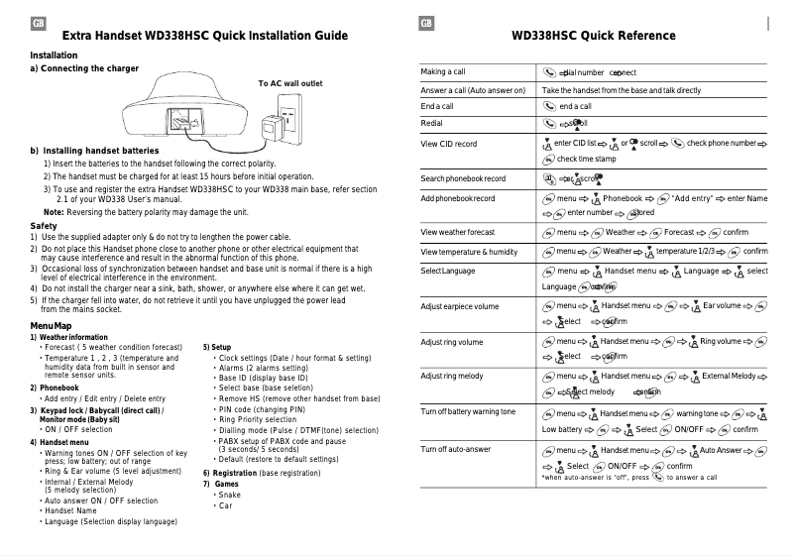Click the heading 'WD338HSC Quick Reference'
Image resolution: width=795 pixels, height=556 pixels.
pos(593,36)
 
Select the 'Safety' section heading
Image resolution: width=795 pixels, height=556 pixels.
pos(44,226)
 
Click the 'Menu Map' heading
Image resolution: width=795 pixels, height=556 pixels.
pos(51,326)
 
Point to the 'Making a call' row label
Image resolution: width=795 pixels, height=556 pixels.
pos(443,72)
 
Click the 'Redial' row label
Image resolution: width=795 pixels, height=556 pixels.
pos(433,123)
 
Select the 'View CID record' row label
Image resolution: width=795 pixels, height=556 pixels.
pos(448,145)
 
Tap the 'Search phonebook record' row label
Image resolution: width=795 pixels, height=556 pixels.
pos(462,178)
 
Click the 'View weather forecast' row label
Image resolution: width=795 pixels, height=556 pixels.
pos(457,232)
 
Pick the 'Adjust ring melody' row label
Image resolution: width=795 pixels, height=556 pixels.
pos(452,377)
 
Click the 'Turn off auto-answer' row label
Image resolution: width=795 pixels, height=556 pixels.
pos(455,449)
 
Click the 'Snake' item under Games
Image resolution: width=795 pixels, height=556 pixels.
pos(229,495)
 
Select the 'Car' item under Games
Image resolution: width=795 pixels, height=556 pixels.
pos(225,506)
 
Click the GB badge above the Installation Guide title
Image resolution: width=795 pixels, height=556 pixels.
pos(38,24)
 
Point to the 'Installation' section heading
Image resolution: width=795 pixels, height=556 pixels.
pos(54,55)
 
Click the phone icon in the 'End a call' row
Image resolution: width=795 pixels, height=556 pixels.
pos(549,106)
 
